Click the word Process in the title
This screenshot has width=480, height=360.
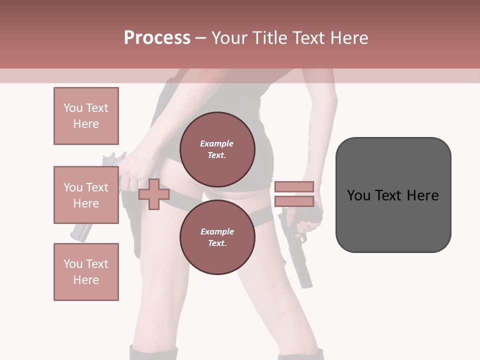(x=157, y=38)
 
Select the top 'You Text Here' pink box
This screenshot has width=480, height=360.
(x=86, y=116)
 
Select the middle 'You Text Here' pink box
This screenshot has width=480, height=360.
(x=86, y=195)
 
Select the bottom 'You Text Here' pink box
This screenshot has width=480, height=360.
(x=86, y=271)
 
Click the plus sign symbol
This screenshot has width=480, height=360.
(x=153, y=194)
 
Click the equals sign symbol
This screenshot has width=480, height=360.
(x=294, y=194)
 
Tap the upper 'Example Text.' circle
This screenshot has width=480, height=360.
(x=217, y=149)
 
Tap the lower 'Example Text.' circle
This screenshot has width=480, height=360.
(x=217, y=237)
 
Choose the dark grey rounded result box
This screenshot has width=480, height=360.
(x=393, y=195)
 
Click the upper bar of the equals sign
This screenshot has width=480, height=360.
(x=294, y=187)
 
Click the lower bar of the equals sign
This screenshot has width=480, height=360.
(x=294, y=201)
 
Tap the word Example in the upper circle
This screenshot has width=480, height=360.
(x=217, y=143)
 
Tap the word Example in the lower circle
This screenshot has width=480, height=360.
(x=217, y=231)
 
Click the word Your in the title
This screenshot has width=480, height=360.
(x=231, y=38)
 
